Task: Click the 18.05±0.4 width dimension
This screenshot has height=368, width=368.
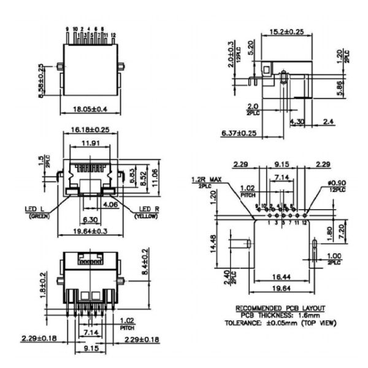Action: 90,109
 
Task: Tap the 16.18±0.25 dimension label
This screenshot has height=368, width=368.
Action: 90,131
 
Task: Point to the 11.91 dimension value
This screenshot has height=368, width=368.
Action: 90,145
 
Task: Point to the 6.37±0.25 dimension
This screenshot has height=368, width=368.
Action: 239,132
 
